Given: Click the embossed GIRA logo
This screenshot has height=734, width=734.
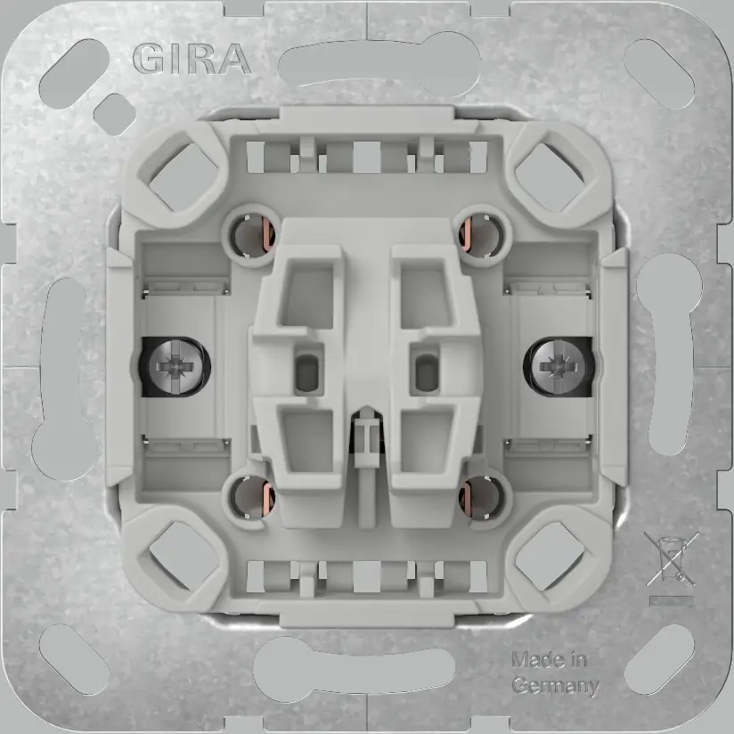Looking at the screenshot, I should pos(191,59).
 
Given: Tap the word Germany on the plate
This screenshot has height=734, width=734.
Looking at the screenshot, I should pos(553,685).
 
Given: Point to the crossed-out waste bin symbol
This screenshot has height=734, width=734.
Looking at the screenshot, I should pos(660,559).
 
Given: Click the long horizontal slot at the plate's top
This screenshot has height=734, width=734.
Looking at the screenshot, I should pos(366,65).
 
